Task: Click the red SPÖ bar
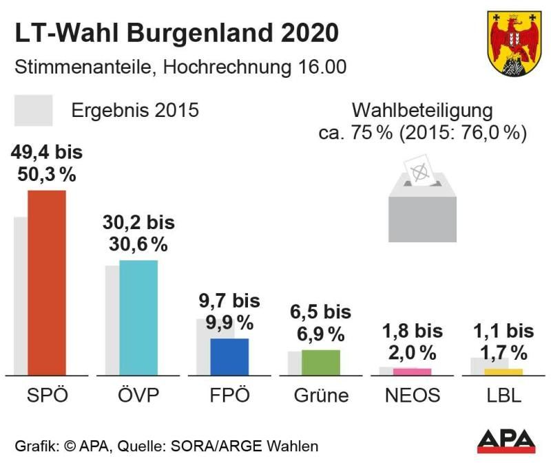[x=46, y=282]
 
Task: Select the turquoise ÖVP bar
[x=138, y=317]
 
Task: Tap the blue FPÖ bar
[x=229, y=356]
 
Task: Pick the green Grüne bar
[x=320, y=362]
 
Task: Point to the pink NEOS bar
[x=412, y=372]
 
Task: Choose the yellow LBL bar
[x=503, y=372]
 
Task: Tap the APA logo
[x=506, y=441]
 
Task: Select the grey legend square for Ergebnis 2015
[x=33, y=110]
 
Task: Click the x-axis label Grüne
[x=321, y=396]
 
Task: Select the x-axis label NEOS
[x=413, y=396]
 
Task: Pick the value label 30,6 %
[x=138, y=244]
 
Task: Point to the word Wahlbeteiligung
[x=422, y=110]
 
